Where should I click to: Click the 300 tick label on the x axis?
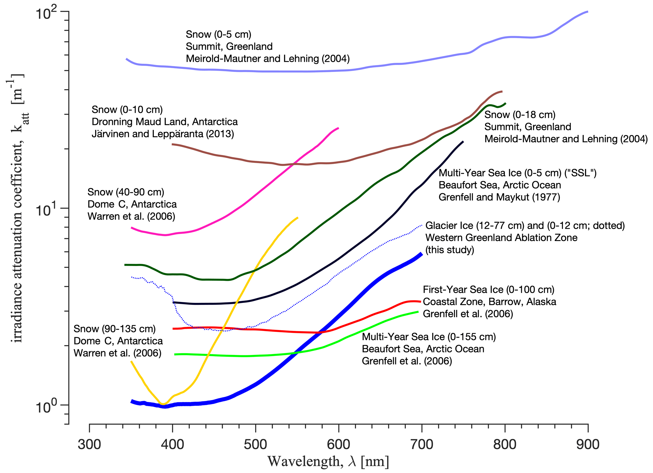pyautogui.click(x=89, y=444)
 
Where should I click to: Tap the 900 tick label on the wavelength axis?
pyautogui.click(x=588, y=444)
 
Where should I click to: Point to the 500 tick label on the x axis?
pyautogui.click(x=255, y=444)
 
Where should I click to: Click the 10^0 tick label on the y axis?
pyautogui.click(x=46, y=407)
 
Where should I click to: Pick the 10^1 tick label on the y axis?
pyautogui.click(x=46, y=210)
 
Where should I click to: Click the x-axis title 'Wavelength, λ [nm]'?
pyautogui.click(x=328, y=462)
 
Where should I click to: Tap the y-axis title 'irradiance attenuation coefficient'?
pyautogui.click(x=17, y=208)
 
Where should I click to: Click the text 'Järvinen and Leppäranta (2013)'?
pyautogui.click(x=163, y=134)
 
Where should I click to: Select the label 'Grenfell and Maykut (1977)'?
pyautogui.click(x=499, y=197)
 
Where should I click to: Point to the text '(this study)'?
pyautogui.click(x=450, y=250)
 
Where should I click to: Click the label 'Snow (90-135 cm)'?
pyautogui.click(x=115, y=329)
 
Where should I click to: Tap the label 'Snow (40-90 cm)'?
pyautogui.click(x=126, y=192)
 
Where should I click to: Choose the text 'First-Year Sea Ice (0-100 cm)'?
pyautogui.click(x=488, y=289)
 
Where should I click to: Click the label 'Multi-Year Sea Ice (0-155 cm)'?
pyautogui.click(x=429, y=337)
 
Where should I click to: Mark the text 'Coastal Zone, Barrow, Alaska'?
pyautogui.click(x=489, y=302)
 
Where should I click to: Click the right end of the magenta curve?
pyautogui.click(x=338, y=128)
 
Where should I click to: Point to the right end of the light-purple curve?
pyautogui.click(x=588, y=12)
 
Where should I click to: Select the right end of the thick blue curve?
pyautogui.click(x=421, y=254)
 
